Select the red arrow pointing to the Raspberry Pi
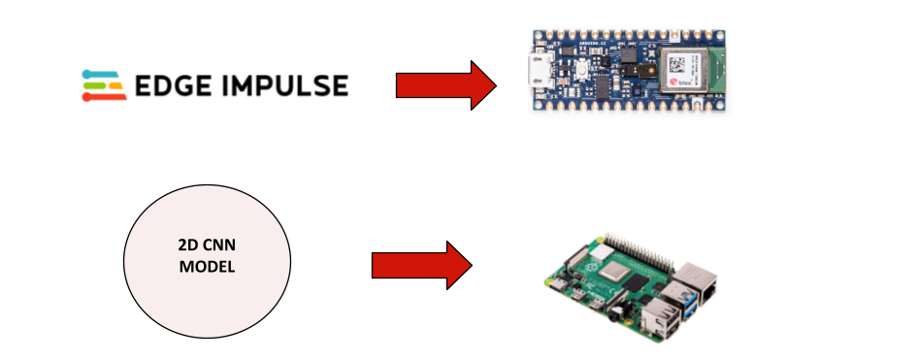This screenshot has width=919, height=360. point(421,263)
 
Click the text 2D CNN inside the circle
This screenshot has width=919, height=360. point(208,247)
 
